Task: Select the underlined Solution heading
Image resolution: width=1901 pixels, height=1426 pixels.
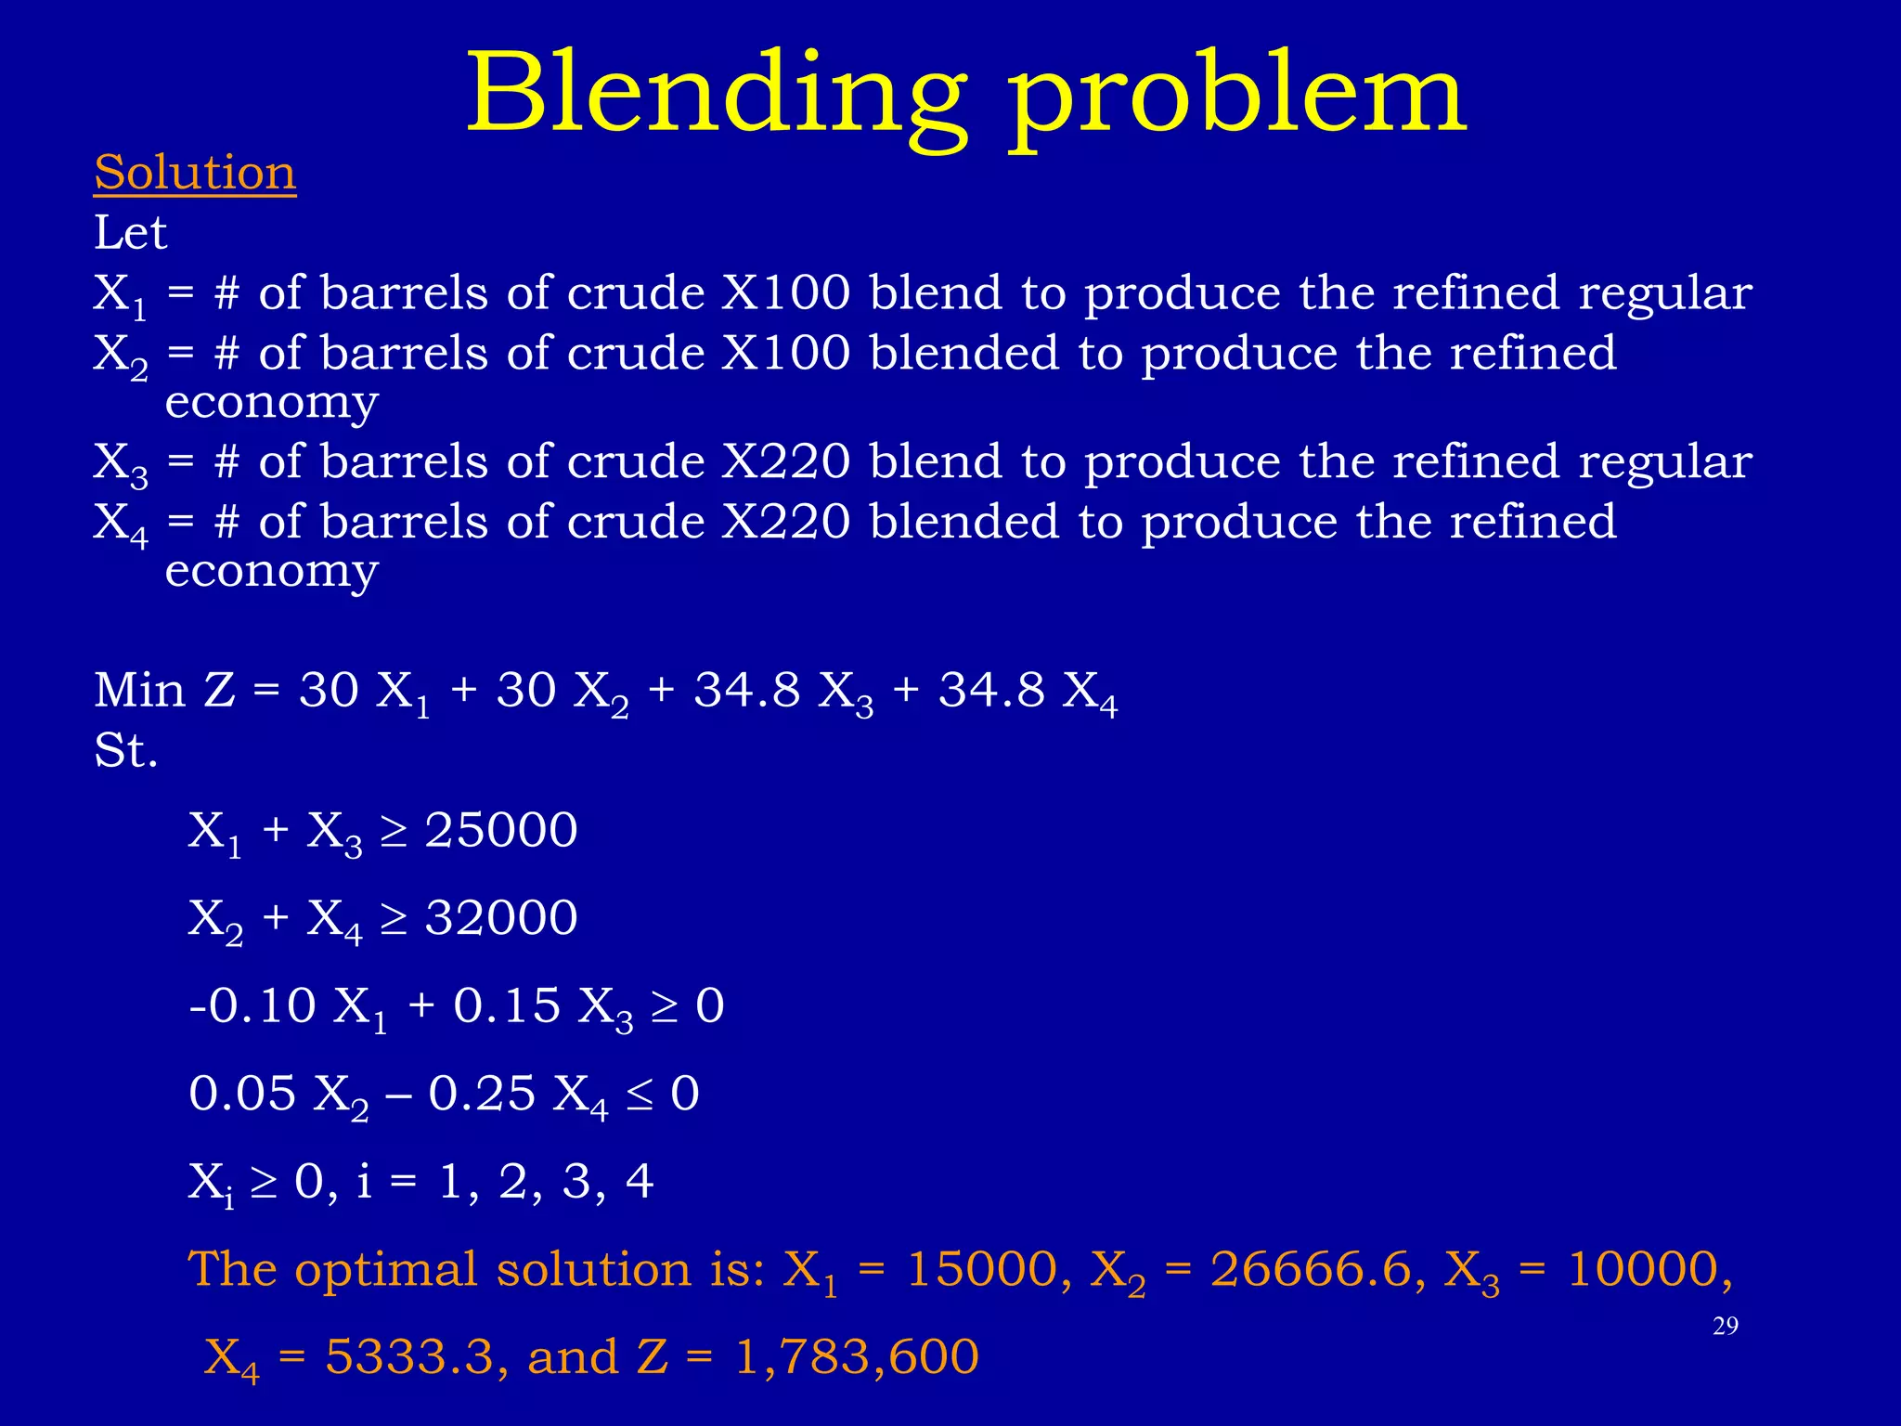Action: click(x=195, y=174)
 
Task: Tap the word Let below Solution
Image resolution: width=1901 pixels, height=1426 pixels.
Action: click(x=130, y=233)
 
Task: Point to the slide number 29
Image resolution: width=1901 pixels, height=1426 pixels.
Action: click(x=1725, y=1326)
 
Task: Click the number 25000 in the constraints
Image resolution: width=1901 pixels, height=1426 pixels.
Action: click(x=501, y=829)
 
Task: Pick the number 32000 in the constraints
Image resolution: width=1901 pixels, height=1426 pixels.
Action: click(x=501, y=917)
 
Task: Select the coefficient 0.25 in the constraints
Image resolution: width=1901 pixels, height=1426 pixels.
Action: click(x=482, y=1093)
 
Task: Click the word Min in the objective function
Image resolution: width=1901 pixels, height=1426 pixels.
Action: click(x=139, y=691)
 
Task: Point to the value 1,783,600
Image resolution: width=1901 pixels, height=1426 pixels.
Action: click(x=856, y=1357)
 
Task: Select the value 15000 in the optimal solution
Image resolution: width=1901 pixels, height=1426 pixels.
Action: click(x=982, y=1269)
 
